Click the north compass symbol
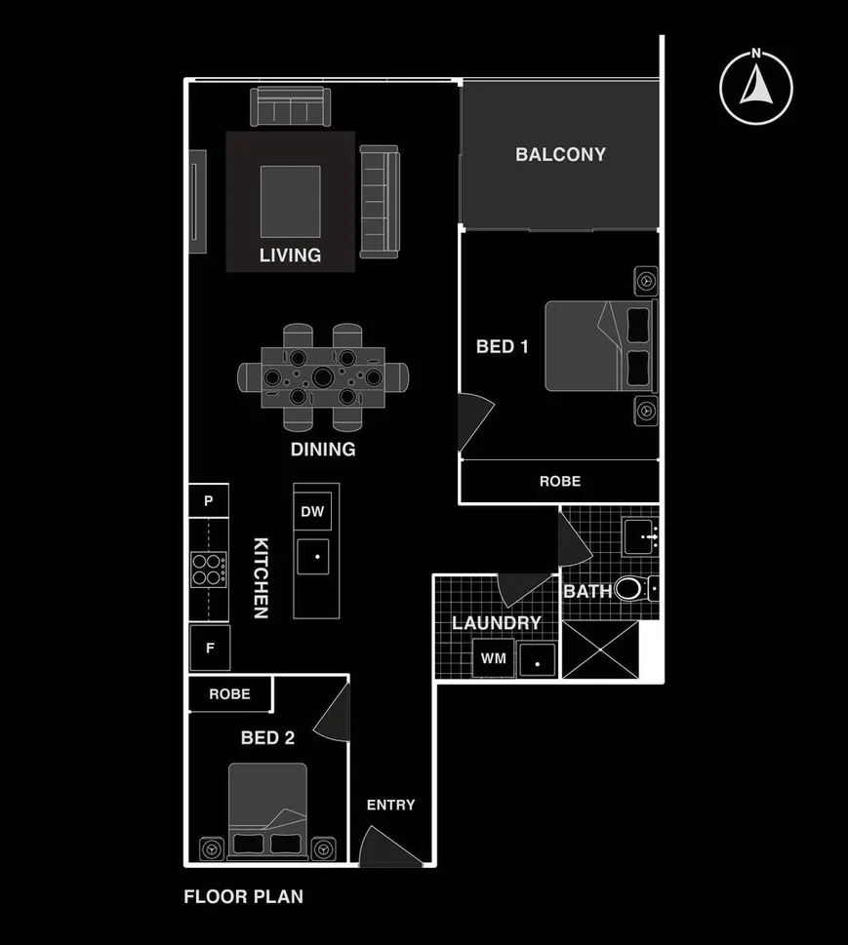[x=755, y=87]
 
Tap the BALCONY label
[x=560, y=154]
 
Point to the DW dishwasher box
[x=312, y=511]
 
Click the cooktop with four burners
[x=208, y=569]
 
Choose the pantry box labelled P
[x=208, y=501]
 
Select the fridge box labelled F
[x=209, y=649]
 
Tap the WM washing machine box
[x=494, y=658]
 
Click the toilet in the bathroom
[x=632, y=589]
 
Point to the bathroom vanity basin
[x=641, y=535]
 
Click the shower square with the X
[x=600, y=650]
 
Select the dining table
[x=323, y=375]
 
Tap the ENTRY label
[x=390, y=805]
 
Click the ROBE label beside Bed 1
[x=560, y=481]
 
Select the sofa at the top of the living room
[x=291, y=105]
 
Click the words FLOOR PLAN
[x=243, y=896]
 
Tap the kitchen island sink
[x=316, y=559]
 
